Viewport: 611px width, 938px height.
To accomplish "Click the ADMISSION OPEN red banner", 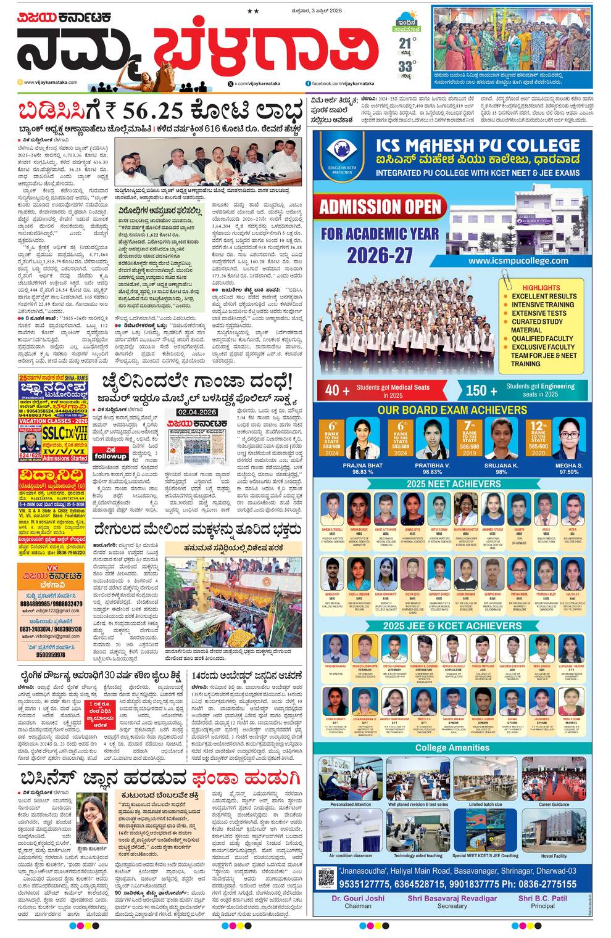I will (x=380, y=206).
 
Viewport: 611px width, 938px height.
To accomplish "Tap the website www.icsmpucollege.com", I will (x=518, y=260).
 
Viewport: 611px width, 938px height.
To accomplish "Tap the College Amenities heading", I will (x=452, y=747).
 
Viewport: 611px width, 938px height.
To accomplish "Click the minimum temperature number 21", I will (x=404, y=43).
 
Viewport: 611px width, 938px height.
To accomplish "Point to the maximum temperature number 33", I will (x=404, y=67).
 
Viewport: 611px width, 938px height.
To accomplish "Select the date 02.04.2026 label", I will (x=197, y=412).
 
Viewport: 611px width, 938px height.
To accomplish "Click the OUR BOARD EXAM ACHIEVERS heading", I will (x=452, y=409).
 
